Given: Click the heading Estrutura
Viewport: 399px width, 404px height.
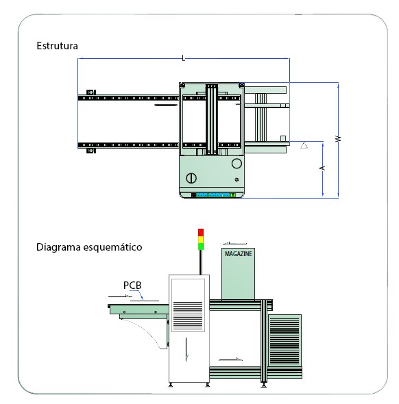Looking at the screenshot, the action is pos(57,46).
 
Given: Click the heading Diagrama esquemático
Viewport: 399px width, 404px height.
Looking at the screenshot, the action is pos(89,247).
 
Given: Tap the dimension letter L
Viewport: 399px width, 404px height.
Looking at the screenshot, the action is pos(183,58).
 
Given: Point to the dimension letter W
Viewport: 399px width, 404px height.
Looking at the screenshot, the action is pos(338,138).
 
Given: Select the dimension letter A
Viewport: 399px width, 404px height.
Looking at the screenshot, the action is pos(322,168).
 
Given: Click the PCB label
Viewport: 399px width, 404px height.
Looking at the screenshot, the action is pos(132,286).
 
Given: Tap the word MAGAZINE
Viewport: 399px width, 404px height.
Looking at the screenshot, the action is pos(238,254).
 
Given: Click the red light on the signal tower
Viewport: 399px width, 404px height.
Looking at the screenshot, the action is pos(201,232).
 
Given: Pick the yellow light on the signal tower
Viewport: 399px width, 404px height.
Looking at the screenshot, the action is pos(201,240).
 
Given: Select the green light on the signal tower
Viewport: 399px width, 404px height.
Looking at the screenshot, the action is pos(201,247).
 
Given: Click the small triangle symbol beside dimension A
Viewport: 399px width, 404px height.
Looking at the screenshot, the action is pos(304,145).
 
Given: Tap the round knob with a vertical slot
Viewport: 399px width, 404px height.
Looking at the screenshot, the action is pos(191,178).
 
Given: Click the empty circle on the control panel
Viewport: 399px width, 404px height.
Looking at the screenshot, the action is pos(237,164).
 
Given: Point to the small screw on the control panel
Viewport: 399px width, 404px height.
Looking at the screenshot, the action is pos(237,179).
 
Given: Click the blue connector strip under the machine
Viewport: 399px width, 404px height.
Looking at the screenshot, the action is pos(213,195).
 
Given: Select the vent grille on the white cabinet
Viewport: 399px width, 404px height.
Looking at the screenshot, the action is pos(188,316).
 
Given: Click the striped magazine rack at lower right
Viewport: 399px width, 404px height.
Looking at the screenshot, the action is pos(285,340).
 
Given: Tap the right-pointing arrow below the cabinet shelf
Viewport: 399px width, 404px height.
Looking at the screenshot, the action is pos(230,359).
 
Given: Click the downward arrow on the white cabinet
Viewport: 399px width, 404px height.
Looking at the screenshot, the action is pos(186,350).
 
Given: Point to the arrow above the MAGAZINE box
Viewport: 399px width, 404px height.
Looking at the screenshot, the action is pos(234,243).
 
